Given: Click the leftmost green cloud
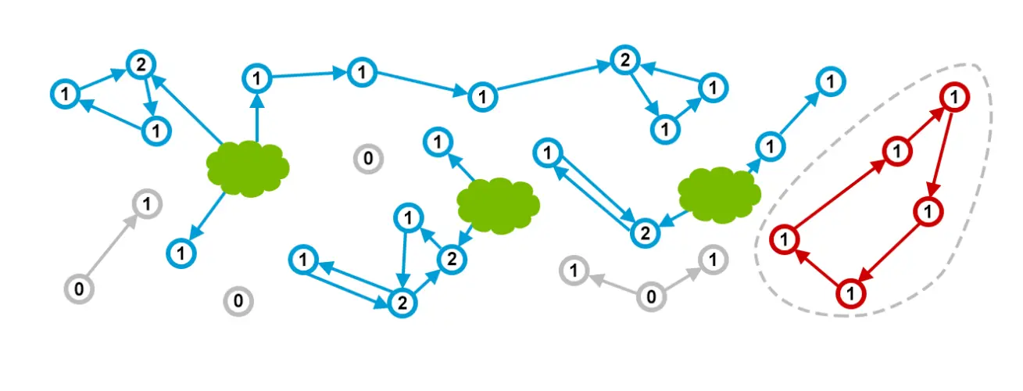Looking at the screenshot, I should click(248, 168).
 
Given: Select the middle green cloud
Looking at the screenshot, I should click(498, 204).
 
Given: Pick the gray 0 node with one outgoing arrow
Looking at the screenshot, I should click(79, 289).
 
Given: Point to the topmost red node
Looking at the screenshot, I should click(953, 97).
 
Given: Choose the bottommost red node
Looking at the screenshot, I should click(851, 294).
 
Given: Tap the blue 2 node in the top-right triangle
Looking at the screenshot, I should click(624, 60).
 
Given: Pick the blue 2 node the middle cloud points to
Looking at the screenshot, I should click(450, 259).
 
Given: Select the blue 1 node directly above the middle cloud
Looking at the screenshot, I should click(438, 142).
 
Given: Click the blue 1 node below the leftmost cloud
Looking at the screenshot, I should click(181, 252).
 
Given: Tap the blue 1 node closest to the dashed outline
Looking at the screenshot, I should click(831, 81).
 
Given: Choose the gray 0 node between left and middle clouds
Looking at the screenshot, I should click(367, 159).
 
